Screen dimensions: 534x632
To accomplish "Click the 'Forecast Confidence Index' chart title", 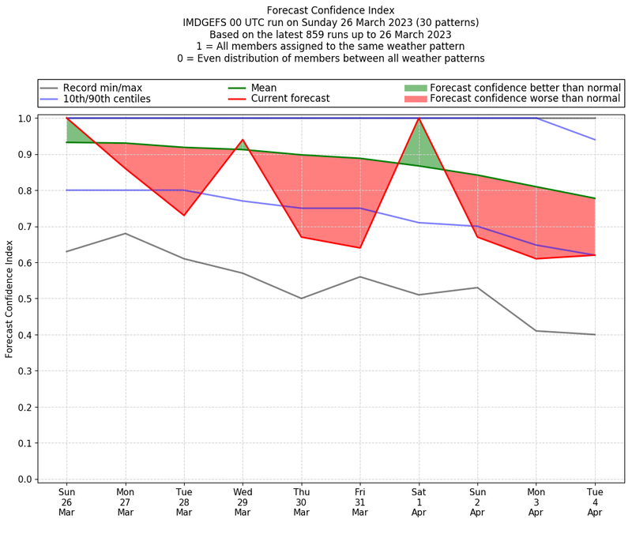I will coord(330,10).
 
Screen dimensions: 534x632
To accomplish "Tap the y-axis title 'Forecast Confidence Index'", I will coord(9,299).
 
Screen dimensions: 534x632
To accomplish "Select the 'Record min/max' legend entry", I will coord(102,87).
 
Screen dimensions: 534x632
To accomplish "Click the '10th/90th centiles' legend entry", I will coord(107,99).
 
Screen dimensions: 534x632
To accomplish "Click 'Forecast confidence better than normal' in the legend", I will coord(525,87).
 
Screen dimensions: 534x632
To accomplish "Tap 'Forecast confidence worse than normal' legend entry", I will coord(525,99).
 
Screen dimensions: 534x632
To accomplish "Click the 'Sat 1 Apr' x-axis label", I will coord(419,503).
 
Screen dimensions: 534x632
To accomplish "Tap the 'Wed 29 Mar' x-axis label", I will coord(243,503).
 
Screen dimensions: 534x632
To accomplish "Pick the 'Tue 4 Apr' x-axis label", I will coord(595,503).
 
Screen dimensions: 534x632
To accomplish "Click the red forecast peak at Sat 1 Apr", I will coord(419,118).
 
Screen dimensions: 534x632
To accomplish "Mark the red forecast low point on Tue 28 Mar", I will coord(184,215).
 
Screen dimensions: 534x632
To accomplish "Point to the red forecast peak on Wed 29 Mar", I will coord(243,140).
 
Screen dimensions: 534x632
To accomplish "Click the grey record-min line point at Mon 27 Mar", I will coord(126,233).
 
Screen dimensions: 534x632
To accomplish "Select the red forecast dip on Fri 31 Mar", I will coord(360,248).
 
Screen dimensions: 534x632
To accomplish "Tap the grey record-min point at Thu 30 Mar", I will coord(301,299).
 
